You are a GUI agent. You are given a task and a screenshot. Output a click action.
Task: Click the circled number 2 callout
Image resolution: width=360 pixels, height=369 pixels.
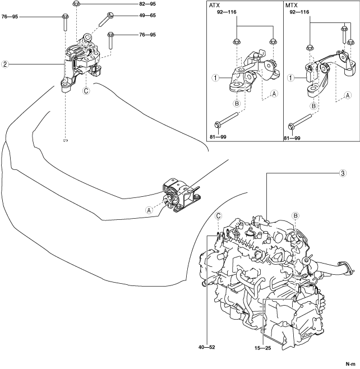click(4, 64)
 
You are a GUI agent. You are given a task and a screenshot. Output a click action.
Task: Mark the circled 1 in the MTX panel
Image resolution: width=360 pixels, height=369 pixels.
click(291, 78)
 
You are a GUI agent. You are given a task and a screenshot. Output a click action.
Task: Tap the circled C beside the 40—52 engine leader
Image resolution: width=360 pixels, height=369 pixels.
click(218, 215)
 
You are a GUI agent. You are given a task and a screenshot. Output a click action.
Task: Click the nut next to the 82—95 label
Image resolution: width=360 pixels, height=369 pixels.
click(77, 5)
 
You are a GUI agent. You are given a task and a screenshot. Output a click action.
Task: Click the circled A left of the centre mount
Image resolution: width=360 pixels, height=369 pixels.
click(149, 210)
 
